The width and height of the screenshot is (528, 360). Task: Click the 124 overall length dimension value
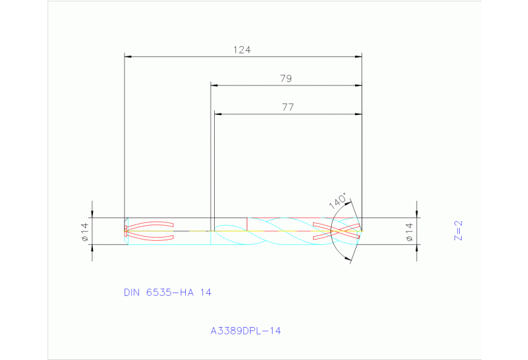[242, 50]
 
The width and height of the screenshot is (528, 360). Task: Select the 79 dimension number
[286, 78]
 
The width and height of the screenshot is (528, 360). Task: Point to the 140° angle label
[337, 200]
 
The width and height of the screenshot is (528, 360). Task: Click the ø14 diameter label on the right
[409, 232]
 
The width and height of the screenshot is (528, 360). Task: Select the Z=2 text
[458, 231]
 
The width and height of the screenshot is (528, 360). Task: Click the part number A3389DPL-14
[246, 330]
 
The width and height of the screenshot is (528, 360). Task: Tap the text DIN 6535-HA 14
[167, 292]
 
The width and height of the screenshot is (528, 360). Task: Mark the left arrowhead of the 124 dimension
[128, 57]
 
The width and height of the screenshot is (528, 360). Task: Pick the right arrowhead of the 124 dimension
[358, 57]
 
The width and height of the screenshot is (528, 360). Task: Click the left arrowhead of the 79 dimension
[214, 86]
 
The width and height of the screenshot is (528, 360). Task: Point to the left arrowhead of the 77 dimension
[218, 114]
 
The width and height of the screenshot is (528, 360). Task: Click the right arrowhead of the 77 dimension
[358, 114]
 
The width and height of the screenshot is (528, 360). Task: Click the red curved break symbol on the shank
[151, 231]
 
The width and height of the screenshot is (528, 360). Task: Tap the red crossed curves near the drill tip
[336, 231]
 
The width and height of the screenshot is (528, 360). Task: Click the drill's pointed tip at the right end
[363, 231]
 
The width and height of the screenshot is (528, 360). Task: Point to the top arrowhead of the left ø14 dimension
[93, 214]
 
